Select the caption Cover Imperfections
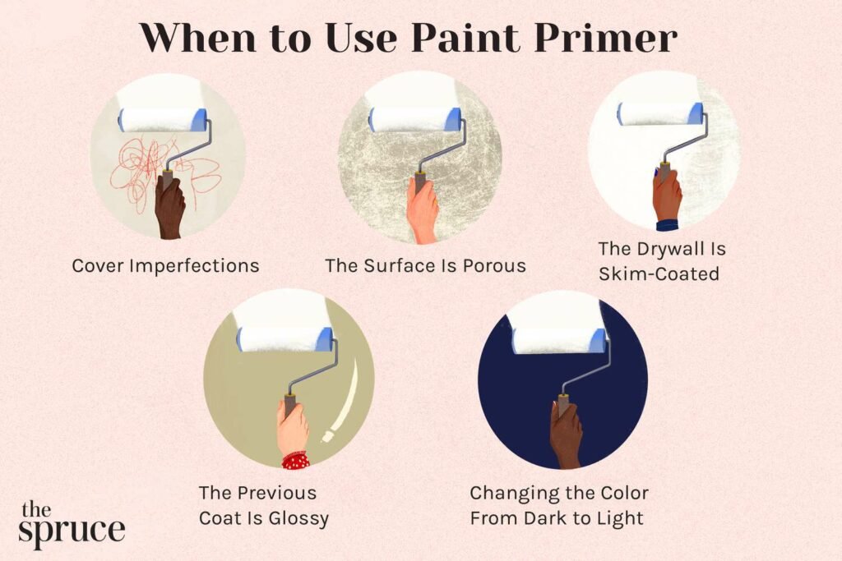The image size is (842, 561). point(165,266)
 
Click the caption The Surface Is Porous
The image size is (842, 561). point(425,266)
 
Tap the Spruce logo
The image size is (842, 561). point(72,524)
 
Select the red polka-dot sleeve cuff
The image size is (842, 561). point(295,460)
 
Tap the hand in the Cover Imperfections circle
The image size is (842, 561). point(170,209)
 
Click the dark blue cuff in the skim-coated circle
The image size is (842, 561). point(666,223)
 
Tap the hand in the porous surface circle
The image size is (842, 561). point(422,211)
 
